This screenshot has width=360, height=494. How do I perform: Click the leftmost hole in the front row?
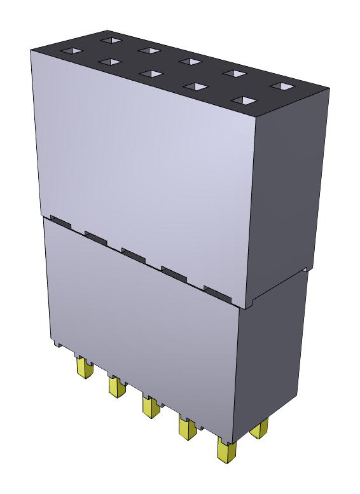point(70,50)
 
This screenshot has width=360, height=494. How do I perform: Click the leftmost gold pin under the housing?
point(82,368)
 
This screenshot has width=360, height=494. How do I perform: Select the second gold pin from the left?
point(115,386)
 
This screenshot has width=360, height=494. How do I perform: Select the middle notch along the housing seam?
point(134,254)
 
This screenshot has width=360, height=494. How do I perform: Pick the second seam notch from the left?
point(96,237)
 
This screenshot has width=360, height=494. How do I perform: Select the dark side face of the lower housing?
point(270,356)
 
